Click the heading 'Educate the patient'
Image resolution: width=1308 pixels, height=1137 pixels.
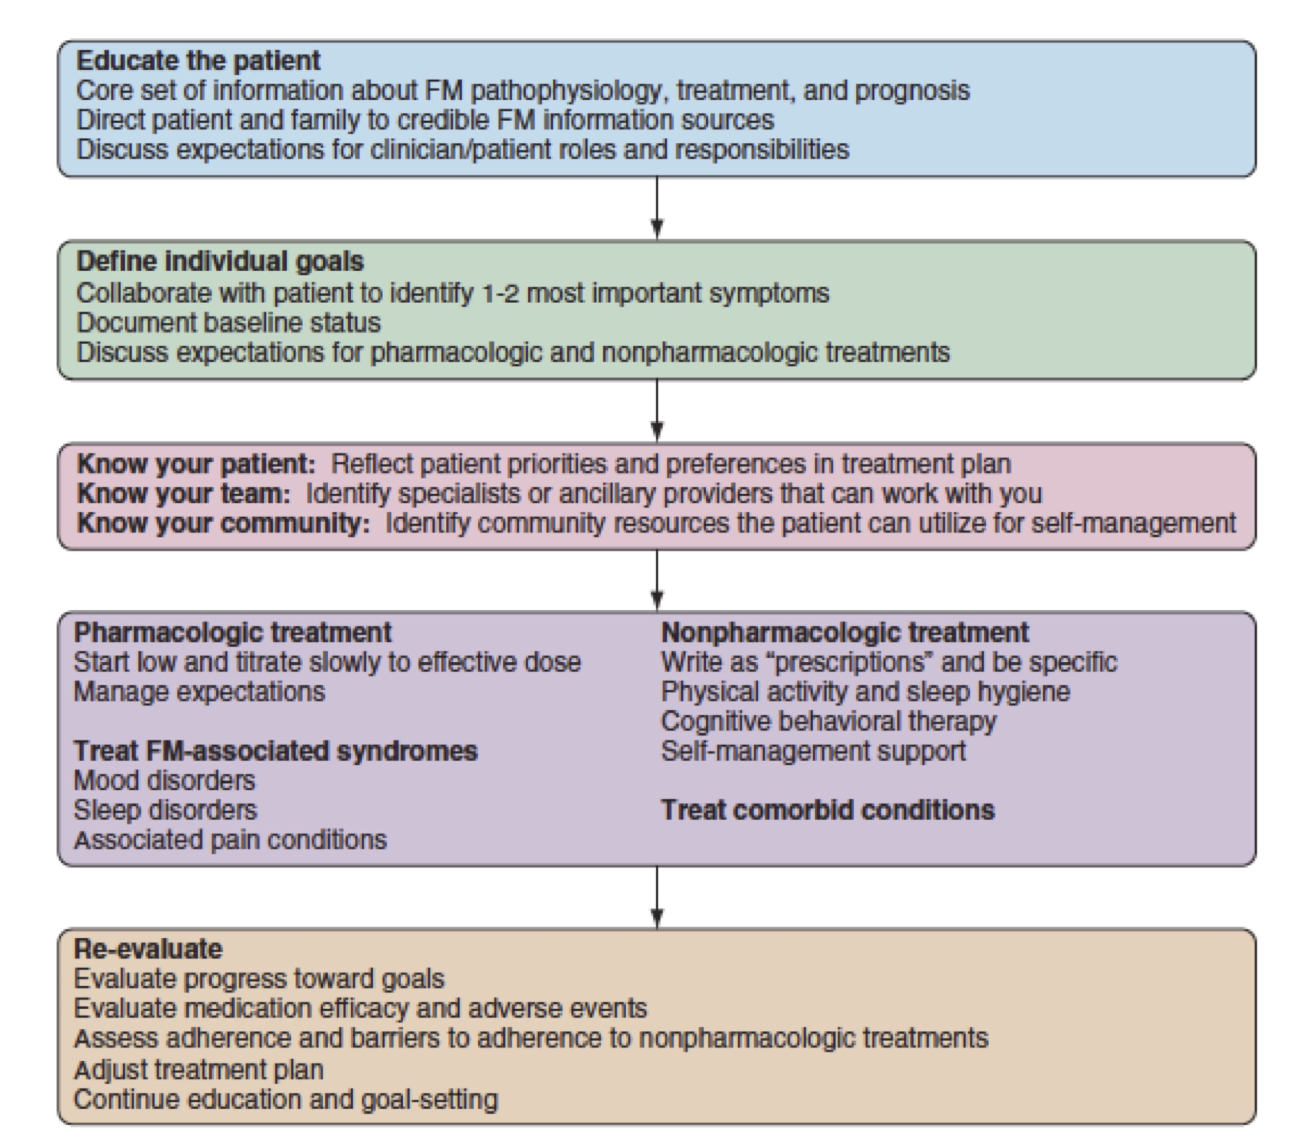(198, 61)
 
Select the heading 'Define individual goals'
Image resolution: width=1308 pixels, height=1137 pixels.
(220, 262)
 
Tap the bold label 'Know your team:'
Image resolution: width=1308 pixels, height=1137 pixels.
(183, 493)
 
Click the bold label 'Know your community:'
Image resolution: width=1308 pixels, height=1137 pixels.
(223, 524)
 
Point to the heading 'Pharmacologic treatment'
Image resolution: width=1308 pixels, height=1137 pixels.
(233, 632)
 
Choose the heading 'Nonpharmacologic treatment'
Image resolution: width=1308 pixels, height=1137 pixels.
(845, 632)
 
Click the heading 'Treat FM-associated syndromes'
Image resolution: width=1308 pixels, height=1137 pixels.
(275, 751)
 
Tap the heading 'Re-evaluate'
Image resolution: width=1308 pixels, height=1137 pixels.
(148, 949)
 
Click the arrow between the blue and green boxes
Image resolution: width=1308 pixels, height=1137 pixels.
(657, 208)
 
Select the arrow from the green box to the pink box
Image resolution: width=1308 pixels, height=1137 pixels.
(657, 411)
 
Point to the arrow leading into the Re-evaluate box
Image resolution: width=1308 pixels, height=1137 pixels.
(657, 897)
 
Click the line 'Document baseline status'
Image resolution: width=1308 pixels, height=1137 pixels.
(228, 323)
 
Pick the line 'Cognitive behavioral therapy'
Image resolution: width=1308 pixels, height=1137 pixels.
(828, 721)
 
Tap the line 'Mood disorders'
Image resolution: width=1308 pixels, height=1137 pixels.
(165, 780)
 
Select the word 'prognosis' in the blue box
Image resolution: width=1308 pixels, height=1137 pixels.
(912, 91)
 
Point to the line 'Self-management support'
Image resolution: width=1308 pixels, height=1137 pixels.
(813, 751)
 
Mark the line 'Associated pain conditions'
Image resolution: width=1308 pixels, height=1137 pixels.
(230, 840)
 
